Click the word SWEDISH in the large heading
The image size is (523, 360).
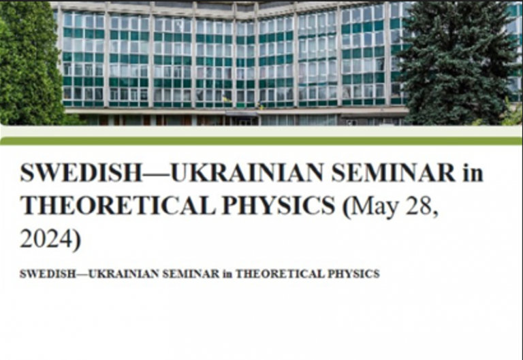coord(81,172)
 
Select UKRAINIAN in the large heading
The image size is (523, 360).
coord(247,172)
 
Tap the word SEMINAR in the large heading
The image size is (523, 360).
coord(394,172)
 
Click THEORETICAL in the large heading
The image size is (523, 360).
coord(118,205)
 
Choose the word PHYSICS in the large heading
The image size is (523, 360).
coord(279,205)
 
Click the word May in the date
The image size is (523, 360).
coord(375,207)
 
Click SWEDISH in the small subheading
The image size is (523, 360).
coord(48,274)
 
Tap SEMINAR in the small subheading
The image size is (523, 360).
coord(191,274)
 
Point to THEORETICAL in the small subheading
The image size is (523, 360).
coord(280,274)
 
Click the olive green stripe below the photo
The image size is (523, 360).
coord(261,142)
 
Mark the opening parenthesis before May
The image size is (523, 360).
coord(347,207)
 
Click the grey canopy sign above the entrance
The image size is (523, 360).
coord(241,114)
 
